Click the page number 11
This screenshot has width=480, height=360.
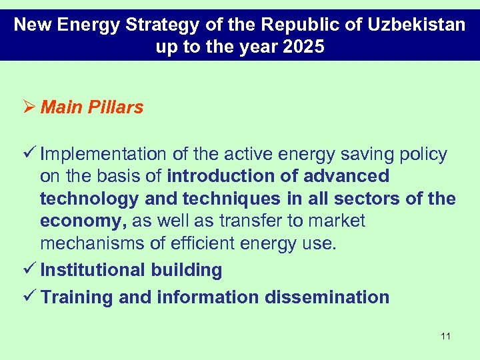[x=445, y=336]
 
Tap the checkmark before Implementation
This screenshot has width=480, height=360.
[x=30, y=154]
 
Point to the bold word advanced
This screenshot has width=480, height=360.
[x=346, y=177]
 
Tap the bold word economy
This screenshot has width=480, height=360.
[x=84, y=221]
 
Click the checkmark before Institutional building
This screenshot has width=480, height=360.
[x=30, y=270]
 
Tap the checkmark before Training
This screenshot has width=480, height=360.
[x=30, y=297]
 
